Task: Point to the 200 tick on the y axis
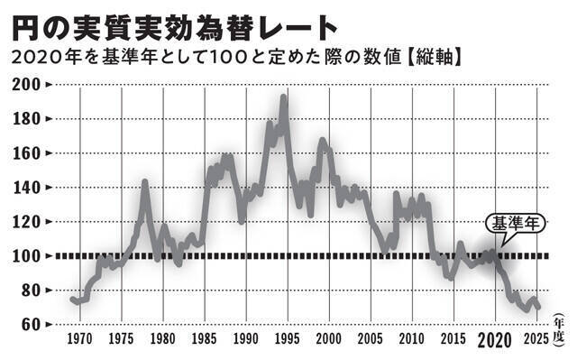27,84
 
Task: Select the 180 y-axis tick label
27,118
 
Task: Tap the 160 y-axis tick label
27,152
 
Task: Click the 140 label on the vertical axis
27,187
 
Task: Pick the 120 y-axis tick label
27,221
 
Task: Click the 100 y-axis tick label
27,256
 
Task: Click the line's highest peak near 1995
283,97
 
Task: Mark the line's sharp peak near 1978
144,183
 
